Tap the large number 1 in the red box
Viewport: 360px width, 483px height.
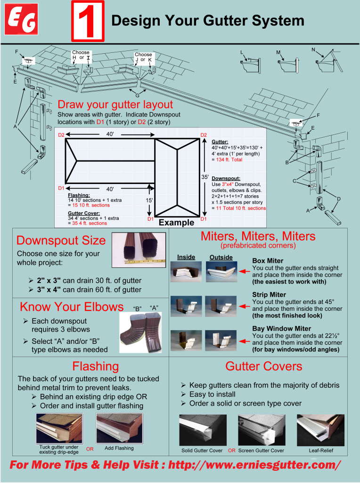coord(87,21)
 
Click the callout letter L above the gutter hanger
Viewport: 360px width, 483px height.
coord(242,52)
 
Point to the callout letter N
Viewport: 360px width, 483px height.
coord(313,50)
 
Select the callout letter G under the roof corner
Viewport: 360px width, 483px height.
coord(137,96)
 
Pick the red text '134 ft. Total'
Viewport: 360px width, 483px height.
coord(229,159)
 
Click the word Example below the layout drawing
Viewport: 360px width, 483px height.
coord(176,223)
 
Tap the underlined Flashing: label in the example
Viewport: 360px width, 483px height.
coord(79,195)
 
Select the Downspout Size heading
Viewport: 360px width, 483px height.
coord(61,241)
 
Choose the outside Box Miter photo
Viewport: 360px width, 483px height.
coord(221,272)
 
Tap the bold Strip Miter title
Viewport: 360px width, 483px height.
coord(268,294)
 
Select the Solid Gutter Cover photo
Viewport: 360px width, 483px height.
coord(202,430)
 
